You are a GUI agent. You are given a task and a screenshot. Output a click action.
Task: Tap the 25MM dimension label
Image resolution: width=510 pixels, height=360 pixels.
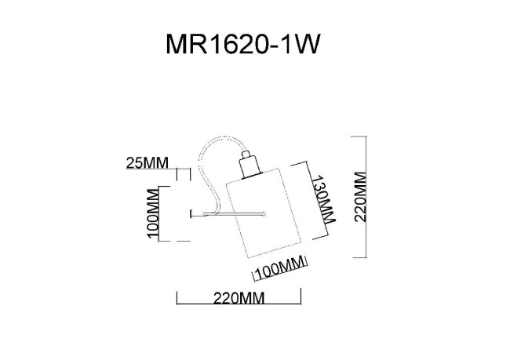[148, 164]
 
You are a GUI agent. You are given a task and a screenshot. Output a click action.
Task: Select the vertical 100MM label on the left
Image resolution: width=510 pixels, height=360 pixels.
[152, 213]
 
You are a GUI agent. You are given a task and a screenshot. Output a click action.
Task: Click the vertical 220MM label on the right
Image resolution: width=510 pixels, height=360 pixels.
[360, 197]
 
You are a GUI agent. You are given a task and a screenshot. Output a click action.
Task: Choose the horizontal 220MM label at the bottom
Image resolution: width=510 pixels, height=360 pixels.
[239, 298]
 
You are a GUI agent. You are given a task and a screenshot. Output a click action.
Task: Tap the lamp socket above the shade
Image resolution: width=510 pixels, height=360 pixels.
[250, 165]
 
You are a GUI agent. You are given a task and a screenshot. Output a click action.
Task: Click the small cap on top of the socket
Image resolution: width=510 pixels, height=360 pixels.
[250, 153]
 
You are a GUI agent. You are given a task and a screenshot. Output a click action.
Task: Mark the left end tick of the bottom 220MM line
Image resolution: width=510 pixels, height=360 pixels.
[177, 298]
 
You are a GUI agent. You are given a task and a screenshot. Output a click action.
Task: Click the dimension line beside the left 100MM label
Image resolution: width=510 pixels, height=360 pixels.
[160, 213]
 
